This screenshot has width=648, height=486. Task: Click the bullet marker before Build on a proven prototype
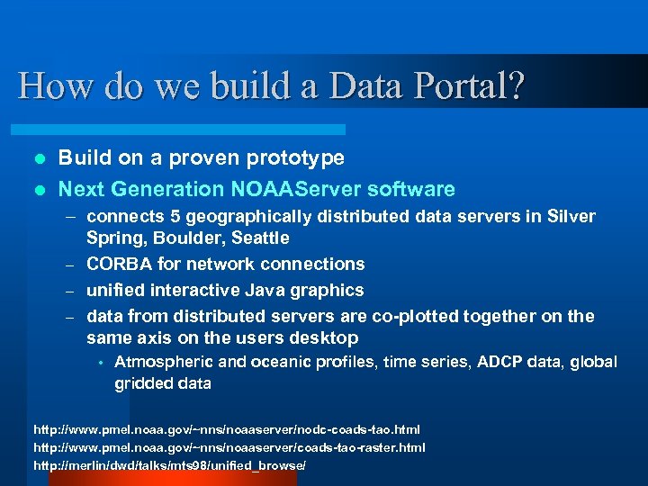(38, 158)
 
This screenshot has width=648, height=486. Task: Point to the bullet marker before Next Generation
(38, 190)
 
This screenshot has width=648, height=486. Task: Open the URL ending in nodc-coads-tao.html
(227, 430)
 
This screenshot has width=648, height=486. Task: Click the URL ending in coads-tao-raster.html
(229, 447)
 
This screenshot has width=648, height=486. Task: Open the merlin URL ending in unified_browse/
(169, 464)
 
